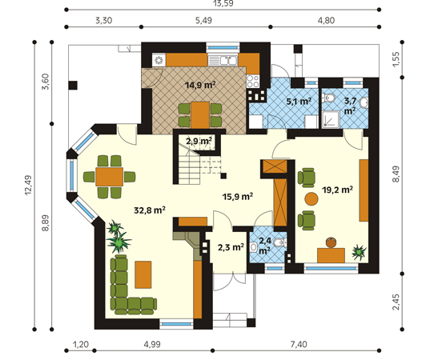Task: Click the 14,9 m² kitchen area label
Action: [200, 85]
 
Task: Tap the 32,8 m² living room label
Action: [150, 210]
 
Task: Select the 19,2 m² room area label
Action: [337, 190]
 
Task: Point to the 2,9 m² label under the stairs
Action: [199, 141]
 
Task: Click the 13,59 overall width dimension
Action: [223, 3]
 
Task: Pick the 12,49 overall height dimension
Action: [29, 186]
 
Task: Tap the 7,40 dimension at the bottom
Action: [299, 344]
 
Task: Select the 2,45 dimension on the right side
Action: [396, 302]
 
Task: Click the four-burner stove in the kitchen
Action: [252, 81]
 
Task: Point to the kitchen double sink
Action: [223, 61]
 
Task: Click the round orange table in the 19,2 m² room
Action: [311, 199]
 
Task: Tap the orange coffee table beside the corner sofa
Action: [143, 274]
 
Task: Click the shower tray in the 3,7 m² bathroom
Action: [330, 119]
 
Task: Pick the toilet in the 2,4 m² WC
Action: [280, 242]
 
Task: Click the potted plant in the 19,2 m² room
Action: [359, 252]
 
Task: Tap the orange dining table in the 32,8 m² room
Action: [109, 177]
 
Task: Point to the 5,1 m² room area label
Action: [299, 102]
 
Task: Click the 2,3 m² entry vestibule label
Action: [231, 247]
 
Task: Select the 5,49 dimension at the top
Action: [203, 20]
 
